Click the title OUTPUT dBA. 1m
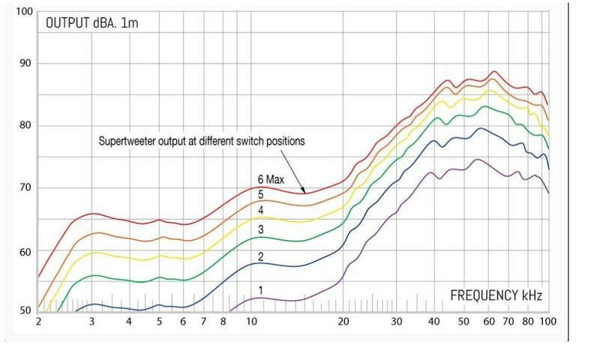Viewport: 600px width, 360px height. (x=92, y=22)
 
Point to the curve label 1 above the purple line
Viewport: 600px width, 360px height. (x=259, y=289)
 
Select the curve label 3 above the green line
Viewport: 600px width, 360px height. (x=259, y=230)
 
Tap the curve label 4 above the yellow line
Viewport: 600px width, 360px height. (x=259, y=210)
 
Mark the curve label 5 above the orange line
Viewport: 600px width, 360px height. (x=259, y=195)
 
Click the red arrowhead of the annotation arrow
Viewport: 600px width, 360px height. (x=302, y=191)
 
